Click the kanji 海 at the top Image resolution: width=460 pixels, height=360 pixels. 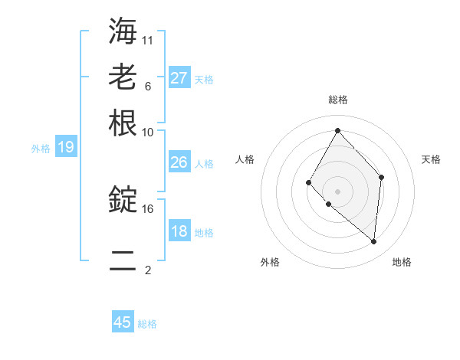coord(123,31)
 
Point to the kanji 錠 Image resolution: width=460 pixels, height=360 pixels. coord(123,200)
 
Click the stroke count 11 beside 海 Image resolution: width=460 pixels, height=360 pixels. coord(148,40)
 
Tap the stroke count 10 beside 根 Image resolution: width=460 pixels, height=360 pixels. coord(148,132)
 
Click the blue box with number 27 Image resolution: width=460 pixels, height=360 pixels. coord(179,78)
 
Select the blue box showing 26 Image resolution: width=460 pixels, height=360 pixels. coord(179,162)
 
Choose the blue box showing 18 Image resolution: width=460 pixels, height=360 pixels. coord(179,231)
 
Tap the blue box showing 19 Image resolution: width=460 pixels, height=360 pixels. coord(66,147)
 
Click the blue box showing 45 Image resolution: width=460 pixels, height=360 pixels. coord(123,322)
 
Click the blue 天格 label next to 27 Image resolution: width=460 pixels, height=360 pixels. coord(204,79)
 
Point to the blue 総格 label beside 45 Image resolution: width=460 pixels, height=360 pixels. coord(147,324)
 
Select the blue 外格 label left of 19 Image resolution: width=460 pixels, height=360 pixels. coord(41,148)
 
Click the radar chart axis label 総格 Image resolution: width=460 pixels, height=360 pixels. coord(337,100)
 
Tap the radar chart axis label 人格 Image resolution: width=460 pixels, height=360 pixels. coord(245,159)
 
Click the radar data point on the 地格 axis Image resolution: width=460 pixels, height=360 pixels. coord(373,241)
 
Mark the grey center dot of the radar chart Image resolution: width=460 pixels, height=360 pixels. coord(337,191)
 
